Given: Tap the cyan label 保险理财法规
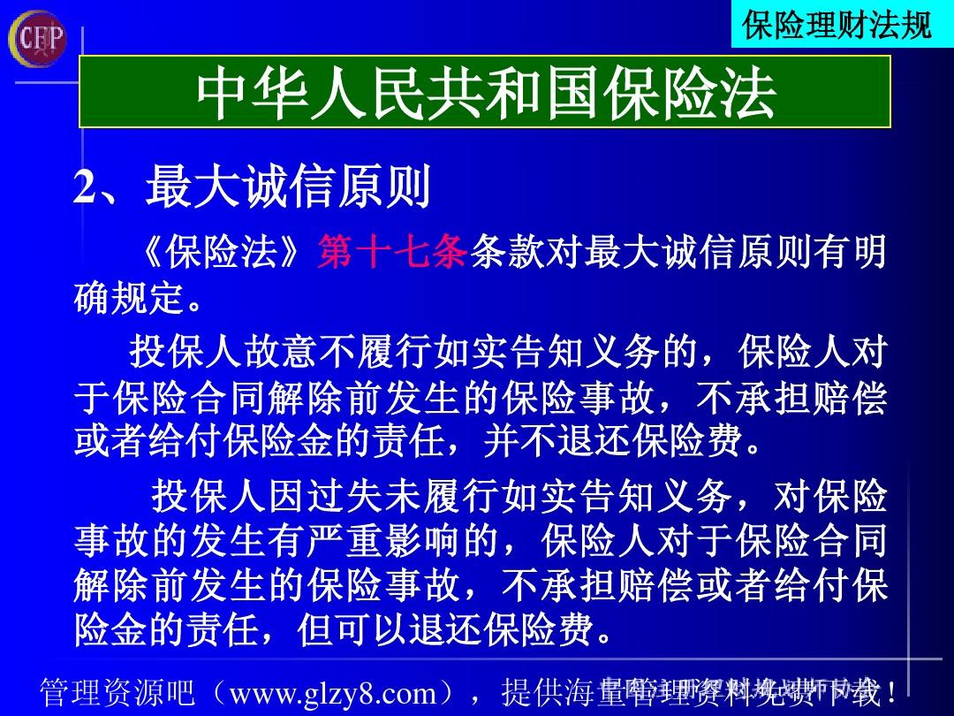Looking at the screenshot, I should coord(837,24).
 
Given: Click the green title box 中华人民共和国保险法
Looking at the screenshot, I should coord(485,93).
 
